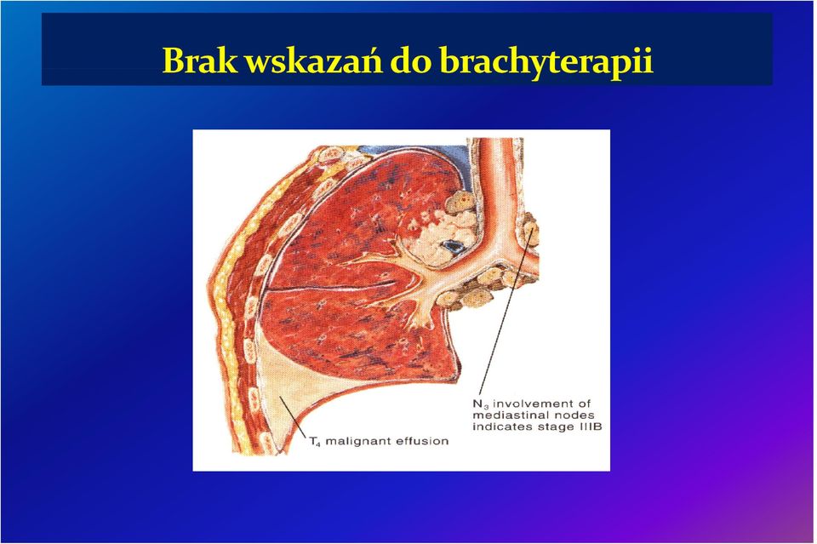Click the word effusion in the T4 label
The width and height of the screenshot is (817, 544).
click(423, 441)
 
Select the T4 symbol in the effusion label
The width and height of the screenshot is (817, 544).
click(314, 442)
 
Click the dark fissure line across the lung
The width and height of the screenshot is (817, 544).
click(329, 286)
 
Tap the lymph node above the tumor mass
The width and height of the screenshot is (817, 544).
click(460, 202)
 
